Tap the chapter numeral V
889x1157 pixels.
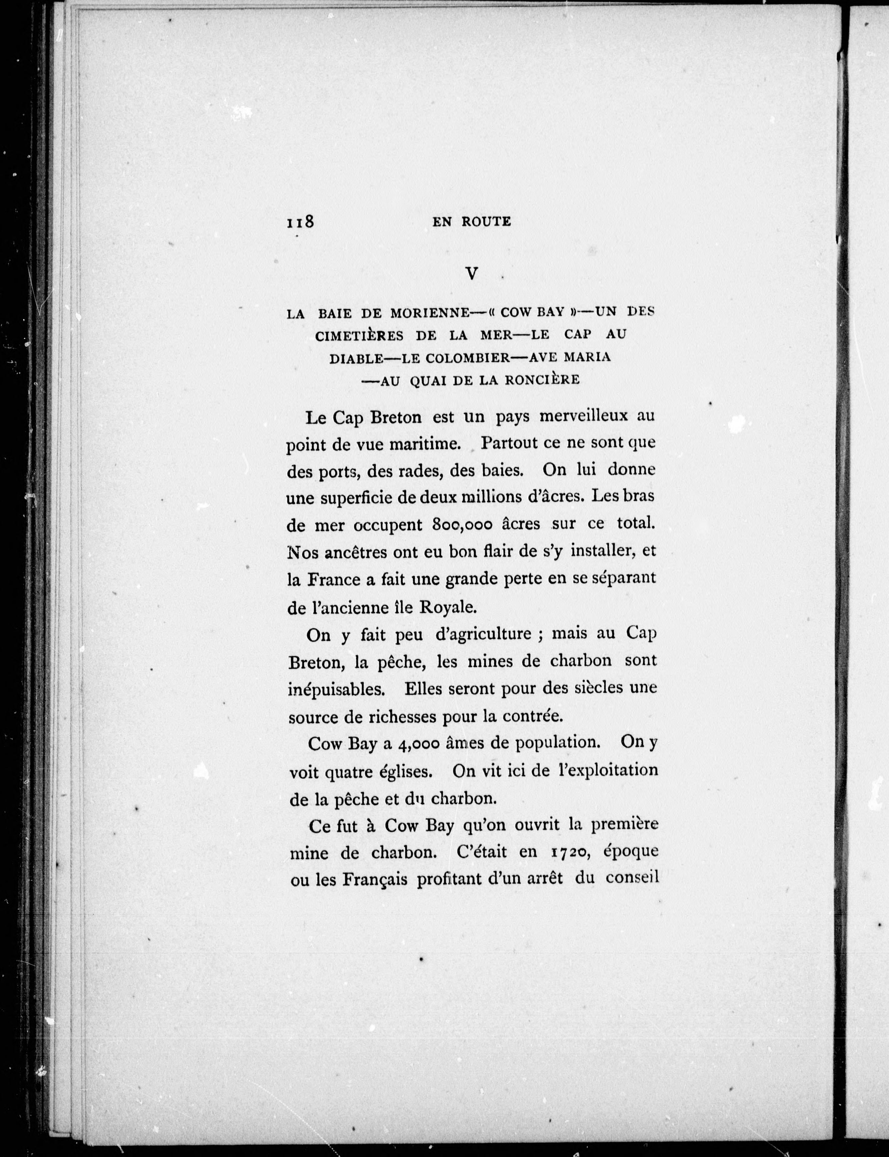point(471,274)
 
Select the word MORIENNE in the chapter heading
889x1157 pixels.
point(430,313)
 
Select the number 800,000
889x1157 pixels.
point(463,525)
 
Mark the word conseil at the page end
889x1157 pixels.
point(631,878)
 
